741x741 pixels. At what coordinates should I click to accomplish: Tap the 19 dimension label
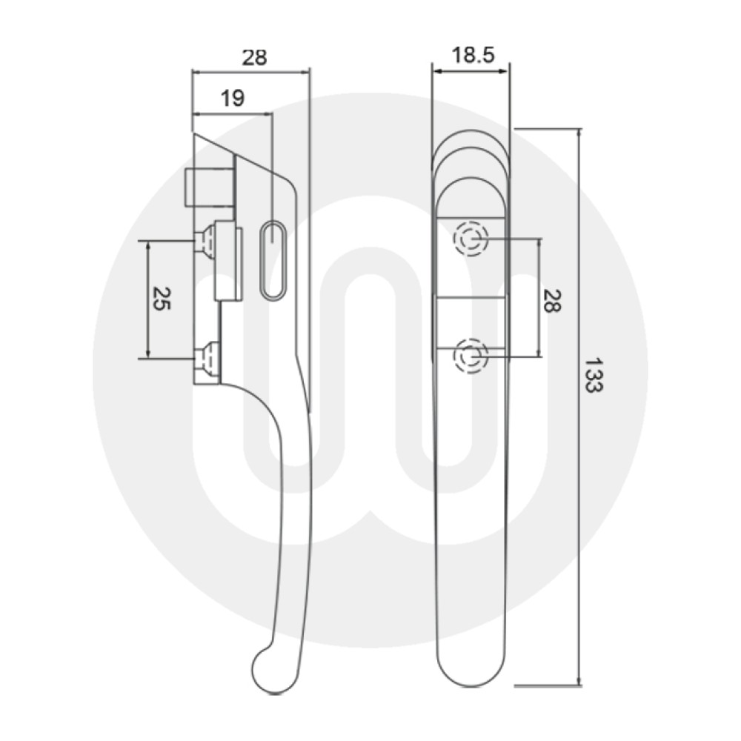pyautogui.click(x=232, y=99)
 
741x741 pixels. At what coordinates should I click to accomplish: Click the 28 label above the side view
pyautogui.click(x=253, y=57)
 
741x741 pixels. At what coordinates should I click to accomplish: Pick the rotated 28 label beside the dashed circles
pyautogui.click(x=551, y=300)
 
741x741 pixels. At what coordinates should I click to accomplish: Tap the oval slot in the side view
pyautogui.click(x=273, y=260)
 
